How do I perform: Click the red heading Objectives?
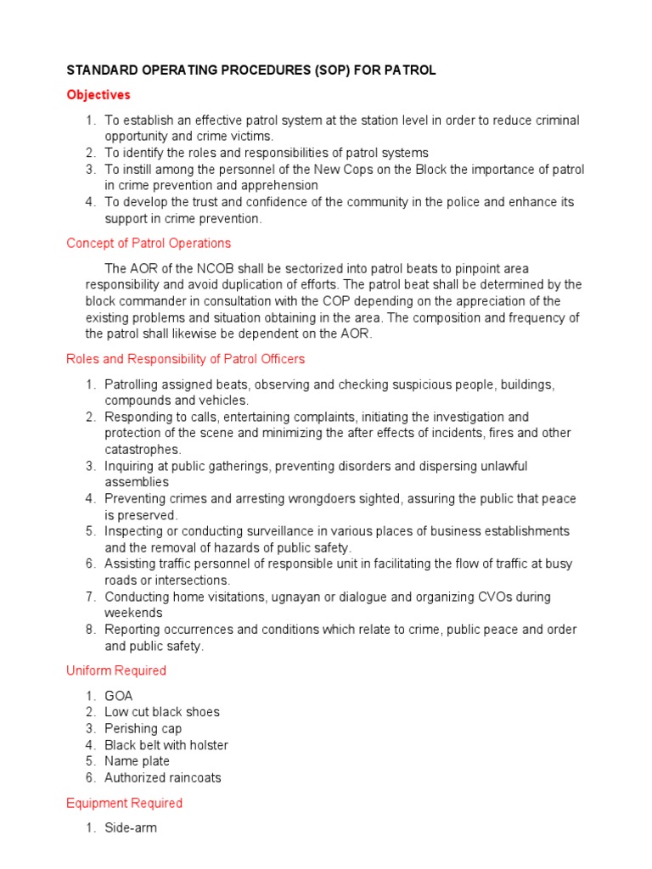98,95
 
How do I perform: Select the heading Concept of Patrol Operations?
149,244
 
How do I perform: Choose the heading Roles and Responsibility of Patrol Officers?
185,359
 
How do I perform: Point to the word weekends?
133,613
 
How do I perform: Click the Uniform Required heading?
116,670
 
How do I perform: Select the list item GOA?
119,696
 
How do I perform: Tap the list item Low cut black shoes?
162,712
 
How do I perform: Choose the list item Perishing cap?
143,729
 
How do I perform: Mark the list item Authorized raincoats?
163,778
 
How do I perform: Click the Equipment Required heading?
124,803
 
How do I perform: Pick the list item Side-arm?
131,828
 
